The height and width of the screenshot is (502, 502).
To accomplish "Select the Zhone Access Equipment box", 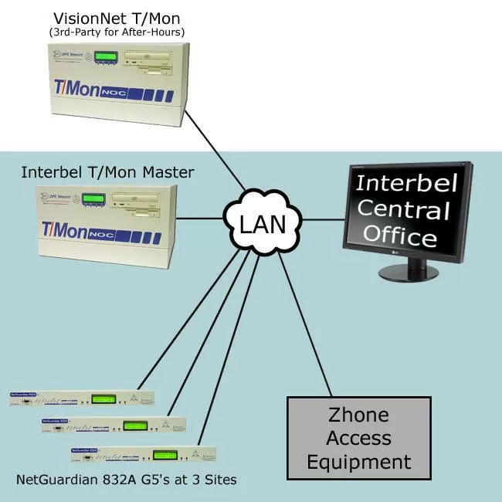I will coord(359,437).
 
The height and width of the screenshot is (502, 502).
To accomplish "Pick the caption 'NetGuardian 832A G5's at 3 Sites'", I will coord(127,480).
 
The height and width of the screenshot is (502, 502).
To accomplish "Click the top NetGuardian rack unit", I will coord(81,399).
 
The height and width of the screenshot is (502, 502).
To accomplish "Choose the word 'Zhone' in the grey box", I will coord(359,416).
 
